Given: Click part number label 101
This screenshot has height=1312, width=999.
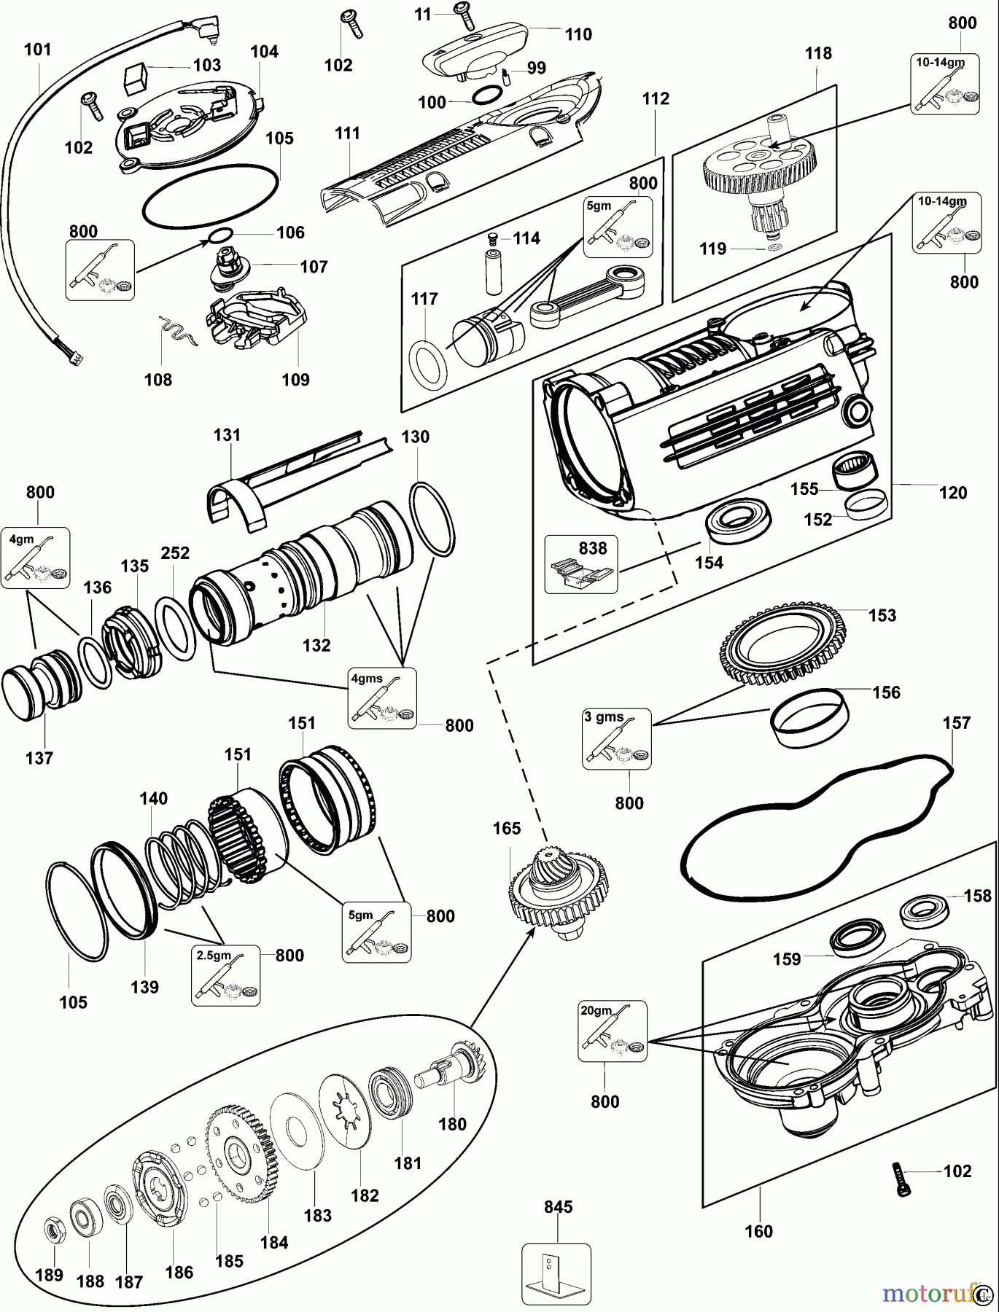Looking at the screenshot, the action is [38, 50].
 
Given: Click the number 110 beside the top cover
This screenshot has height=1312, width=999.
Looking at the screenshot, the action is [578, 34].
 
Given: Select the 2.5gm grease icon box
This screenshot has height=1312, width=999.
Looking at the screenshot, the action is [225, 975].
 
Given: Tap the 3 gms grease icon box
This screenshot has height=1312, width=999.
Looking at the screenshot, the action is [616, 738].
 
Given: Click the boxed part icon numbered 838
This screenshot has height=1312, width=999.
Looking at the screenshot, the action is [582, 564].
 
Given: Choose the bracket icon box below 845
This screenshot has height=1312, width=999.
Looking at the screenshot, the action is [556, 1273].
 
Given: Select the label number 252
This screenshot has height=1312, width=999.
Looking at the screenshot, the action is [175, 553].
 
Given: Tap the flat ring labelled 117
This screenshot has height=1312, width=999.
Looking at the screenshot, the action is [428, 362].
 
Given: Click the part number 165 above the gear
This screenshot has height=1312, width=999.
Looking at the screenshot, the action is [507, 829].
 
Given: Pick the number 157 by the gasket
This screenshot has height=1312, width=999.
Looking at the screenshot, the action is [957, 723].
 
